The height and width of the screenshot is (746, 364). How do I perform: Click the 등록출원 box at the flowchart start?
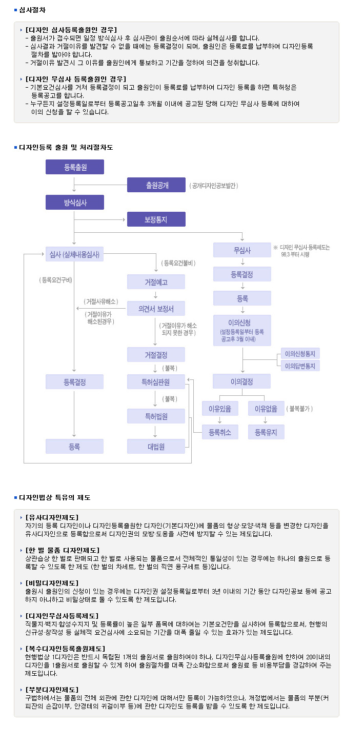click(75, 167)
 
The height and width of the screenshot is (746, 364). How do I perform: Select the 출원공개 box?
click(156, 185)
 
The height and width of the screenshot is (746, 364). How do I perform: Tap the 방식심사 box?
click(75, 202)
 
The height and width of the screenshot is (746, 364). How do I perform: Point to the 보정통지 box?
click(156, 219)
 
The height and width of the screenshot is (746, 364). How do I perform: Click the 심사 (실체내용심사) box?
click(75, 254)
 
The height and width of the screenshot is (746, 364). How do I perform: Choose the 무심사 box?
click(242, 250)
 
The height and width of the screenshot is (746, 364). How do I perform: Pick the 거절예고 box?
click(156, 282)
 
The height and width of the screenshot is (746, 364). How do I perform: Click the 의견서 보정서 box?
click(156, 308)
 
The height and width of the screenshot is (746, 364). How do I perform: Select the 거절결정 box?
click(156, 355)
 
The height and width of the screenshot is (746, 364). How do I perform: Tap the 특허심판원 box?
click(156, 381)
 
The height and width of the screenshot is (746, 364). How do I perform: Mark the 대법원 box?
click(156, 446)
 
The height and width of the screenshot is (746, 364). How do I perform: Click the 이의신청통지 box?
click(300, 353)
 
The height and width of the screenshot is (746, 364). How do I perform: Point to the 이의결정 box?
click(242, 381)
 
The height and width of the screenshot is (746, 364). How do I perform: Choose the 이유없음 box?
click(266, 408)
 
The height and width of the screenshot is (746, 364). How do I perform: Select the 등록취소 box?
click(220, 432)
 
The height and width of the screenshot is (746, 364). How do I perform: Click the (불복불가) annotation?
click(299, 409)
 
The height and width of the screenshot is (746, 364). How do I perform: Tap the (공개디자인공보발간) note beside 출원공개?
click(213, 186)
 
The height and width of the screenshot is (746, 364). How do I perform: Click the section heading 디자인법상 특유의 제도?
click(55, 497)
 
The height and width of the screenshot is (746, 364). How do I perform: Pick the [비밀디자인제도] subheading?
click(52, 583)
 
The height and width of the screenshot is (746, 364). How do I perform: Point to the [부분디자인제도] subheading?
click(52, 690)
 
